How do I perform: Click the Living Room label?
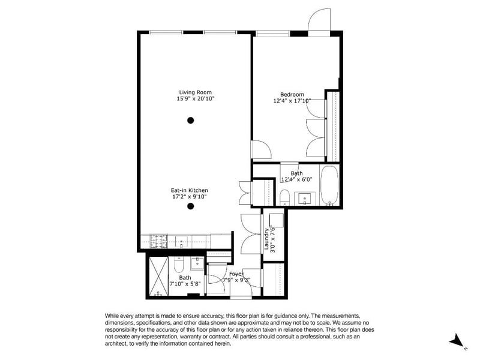[x=196, y=92]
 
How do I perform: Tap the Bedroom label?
[x=292, y=94]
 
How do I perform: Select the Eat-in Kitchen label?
[x=189, y=190]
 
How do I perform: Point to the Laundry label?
[x=266, y=239]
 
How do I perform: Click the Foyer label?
[x=236, y=274]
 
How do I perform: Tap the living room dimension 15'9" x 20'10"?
[x=196, y=98]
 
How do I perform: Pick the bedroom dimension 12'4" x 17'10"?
[x=292, y=100]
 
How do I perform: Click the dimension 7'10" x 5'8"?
[x=185, y=284]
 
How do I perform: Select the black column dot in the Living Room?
[x=190, y=121]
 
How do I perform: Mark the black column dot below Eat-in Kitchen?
[x=190, y=206]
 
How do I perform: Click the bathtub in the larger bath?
[x=329, y=185]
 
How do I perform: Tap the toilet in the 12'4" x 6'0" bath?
[x=284, y=197]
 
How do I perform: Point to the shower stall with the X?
[x=158, y=276]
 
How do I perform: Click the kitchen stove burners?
[x=158, y=241]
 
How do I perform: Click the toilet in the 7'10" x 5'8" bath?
[x=178, y=265]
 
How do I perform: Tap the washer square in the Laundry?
[x=276, y=220]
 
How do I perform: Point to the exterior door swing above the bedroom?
[x=319, y=19]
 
